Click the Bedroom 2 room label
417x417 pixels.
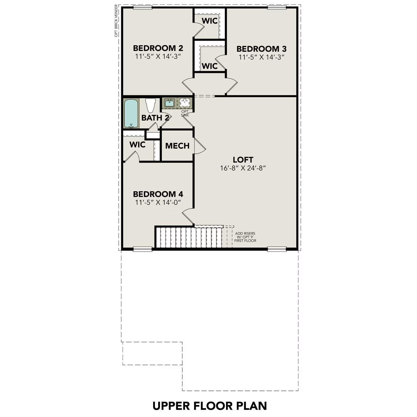(158, 48)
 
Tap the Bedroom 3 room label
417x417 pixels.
(261, 49)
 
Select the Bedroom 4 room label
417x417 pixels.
(158, 194)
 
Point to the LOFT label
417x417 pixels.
(243, 160)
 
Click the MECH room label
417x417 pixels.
(177, 146)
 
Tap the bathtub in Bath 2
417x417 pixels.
(131, 113)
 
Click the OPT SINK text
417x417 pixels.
(185, 113)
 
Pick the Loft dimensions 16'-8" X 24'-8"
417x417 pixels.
(243, 168)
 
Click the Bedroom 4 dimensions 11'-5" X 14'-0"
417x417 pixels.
(158, 202)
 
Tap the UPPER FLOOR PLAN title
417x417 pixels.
(210, 406)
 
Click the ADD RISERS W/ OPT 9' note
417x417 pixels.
(245, 237)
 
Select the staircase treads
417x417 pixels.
(189, 237)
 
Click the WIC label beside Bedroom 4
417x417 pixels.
(137, 145)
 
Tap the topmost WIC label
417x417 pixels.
(210, 21)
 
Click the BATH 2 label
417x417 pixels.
(155, 118)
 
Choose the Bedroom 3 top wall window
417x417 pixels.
(277, 7)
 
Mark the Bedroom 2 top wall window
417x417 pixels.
(142, 7)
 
